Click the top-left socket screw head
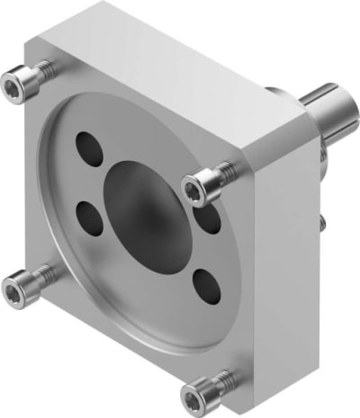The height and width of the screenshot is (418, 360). pos(14,84)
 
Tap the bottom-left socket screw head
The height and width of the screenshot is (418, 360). pos(18,289)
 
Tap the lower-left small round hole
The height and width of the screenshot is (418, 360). pos(89,216)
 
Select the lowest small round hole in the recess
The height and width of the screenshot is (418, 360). pos(205,286)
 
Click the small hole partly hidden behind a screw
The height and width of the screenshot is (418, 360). pos(210,218)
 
